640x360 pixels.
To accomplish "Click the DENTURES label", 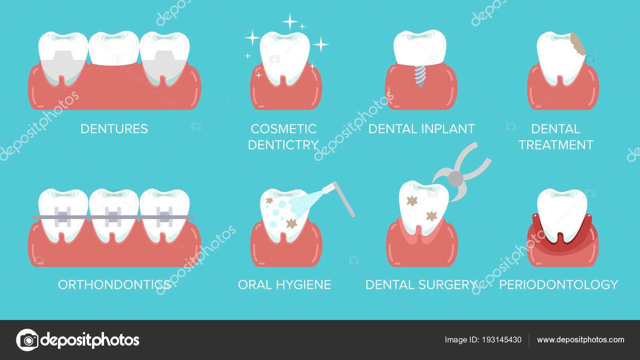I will click(114, 129).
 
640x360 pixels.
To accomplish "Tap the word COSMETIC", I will click(283, 129).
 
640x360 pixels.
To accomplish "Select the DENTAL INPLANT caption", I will click(421, 129).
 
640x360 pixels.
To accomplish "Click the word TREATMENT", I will click(556, 145).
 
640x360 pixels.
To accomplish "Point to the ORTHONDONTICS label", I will click(114, 285).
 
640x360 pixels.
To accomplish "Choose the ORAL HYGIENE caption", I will click(284, 285).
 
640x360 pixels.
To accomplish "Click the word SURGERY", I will click(448, 285).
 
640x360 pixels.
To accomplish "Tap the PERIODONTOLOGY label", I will click(558, 285).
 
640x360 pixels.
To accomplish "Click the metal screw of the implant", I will click(420, 75).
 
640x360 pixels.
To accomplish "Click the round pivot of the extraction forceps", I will click(455, 178).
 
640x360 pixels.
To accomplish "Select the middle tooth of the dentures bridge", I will click(114, 48).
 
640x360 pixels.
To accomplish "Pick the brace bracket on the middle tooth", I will click(113, 217).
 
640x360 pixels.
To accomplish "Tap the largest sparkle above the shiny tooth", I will click(290, 21).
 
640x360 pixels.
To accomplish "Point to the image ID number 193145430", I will click(502, 340).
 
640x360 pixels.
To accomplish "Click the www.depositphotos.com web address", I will click(580, 340).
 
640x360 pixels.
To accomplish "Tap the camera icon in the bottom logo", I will click(28, 340).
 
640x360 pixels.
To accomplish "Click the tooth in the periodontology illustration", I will click(562, 212).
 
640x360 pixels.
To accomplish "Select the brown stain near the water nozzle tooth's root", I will click(292, 223).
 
